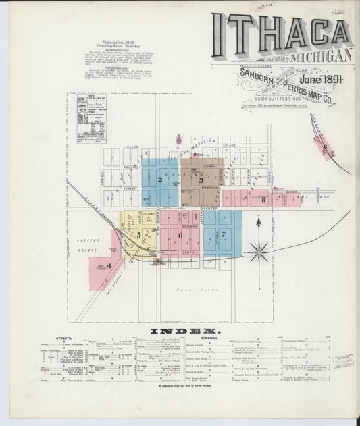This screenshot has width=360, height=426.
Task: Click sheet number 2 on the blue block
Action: click(x=159, y=180)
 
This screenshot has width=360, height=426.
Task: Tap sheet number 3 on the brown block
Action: click(x=201, y=180)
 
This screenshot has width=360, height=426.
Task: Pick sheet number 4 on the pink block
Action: click(x=108, y=266)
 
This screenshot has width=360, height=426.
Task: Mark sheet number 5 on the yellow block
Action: click(x=138, y=234)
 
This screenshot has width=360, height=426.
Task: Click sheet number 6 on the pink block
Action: click(x=180, y=234)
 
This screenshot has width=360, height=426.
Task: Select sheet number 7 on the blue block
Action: click(x=222, y=234)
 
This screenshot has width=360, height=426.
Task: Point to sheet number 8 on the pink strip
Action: click(x=262, y=199)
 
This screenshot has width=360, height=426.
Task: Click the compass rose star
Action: click(x=259, y=252)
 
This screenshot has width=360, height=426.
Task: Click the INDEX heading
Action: click(x=180, y=332)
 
